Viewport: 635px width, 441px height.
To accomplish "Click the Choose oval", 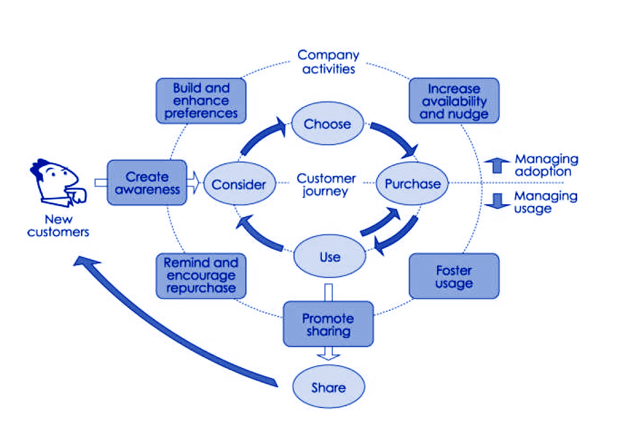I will pos(328,124).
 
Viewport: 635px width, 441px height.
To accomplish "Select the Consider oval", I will pos(238,184).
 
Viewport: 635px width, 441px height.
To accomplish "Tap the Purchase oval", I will pos(412,184).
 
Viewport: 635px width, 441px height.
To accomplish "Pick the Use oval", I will pos(329,256).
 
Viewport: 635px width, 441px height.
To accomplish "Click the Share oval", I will pos(328,387).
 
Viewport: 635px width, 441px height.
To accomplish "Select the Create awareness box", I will pos(147,182).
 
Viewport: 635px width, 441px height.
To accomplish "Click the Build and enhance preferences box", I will pos(201,101).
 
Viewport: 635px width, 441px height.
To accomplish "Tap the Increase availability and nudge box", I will pos(454,101).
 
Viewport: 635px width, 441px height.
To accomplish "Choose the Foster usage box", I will pos(454,276).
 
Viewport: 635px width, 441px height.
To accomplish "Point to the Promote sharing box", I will pos(328,324).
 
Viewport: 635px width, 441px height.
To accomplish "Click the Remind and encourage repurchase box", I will pos(201,275).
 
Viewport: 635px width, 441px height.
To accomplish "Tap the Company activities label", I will pos(328,62).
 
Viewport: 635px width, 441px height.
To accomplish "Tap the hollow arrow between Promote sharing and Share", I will pos(328,354).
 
